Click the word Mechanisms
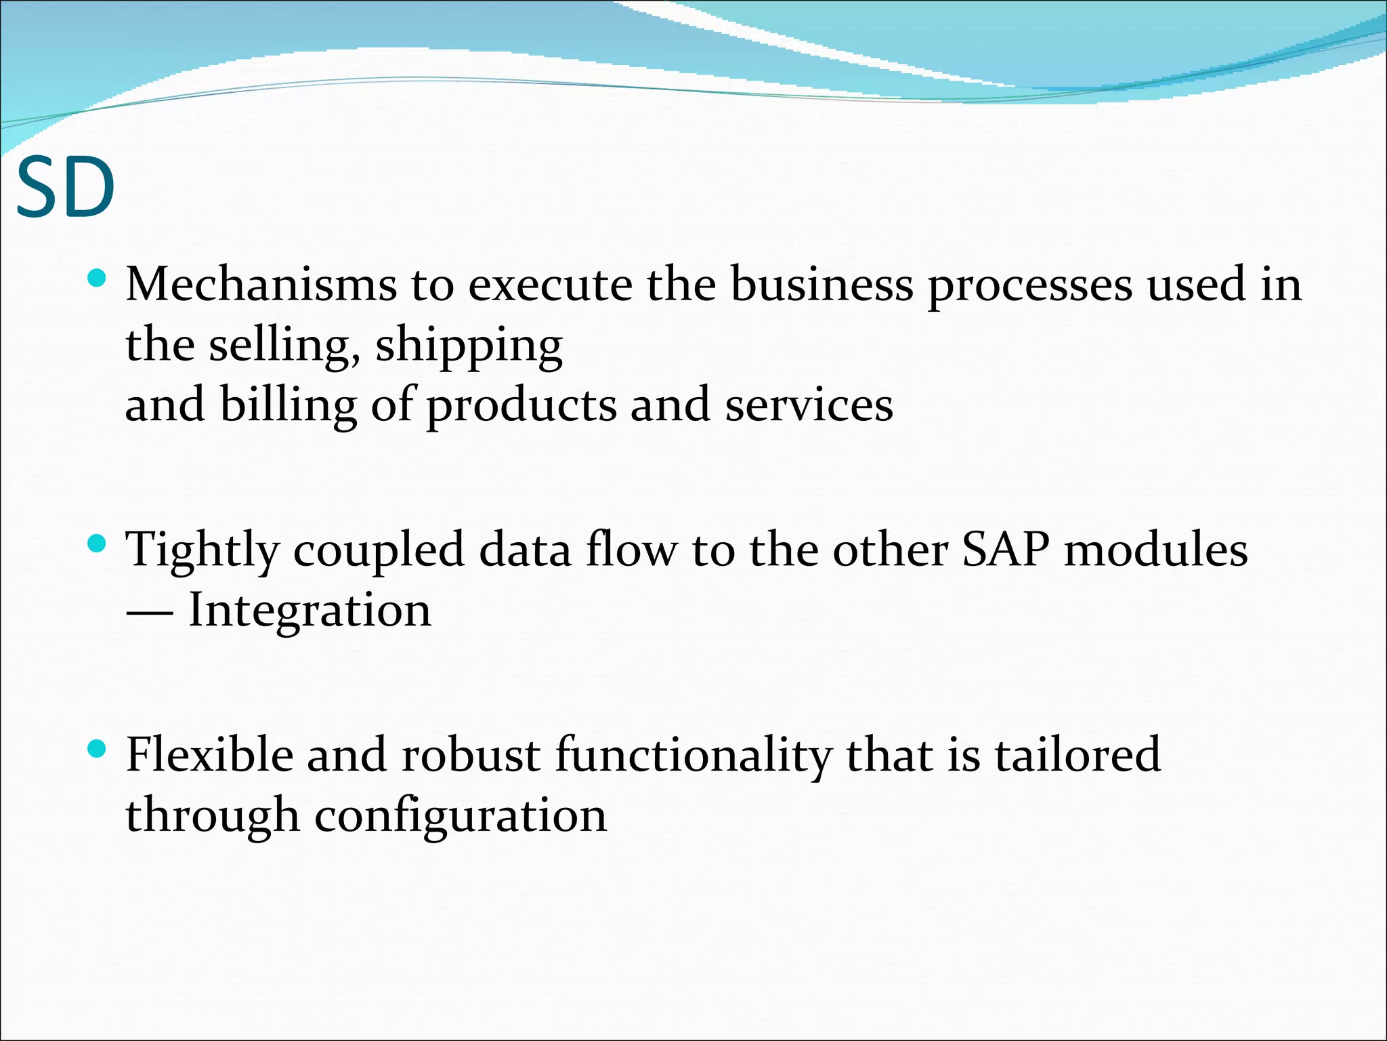[x=261, y=285]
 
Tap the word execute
[x=550, y=285]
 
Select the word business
[x=821, y=285]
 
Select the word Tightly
[x=202, y=550]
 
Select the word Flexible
[x=209, y=755]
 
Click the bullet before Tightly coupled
[x=98, y=543]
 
